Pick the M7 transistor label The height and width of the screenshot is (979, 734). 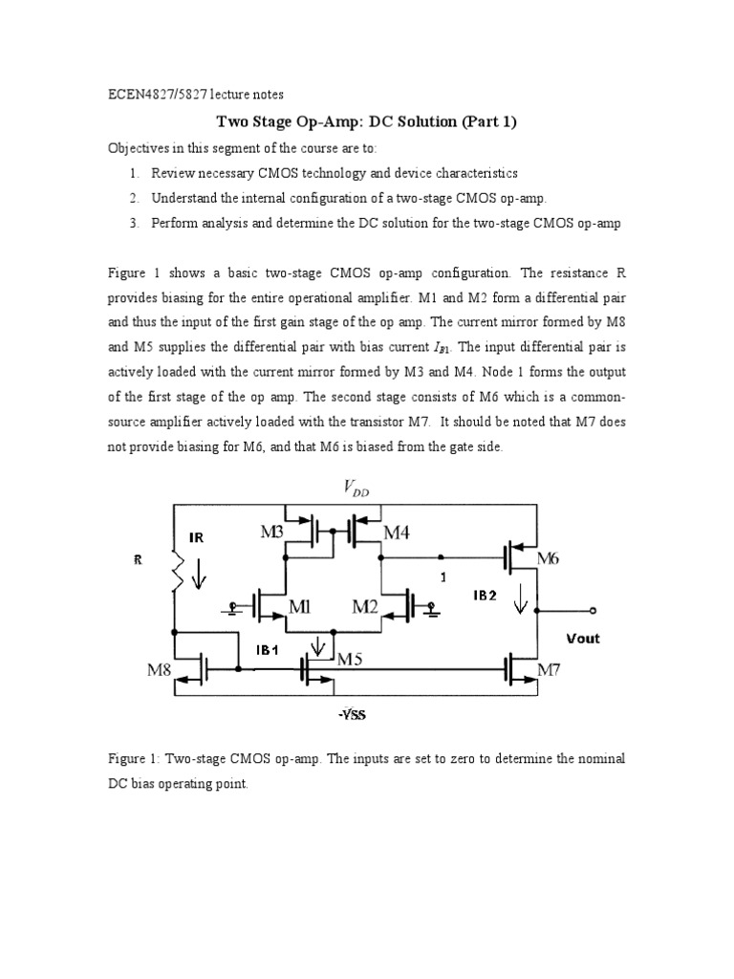tap(549, 670)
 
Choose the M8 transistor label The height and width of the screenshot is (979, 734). tap(159, 670)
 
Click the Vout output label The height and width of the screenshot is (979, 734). tap(582, 638)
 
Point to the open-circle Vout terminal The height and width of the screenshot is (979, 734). tap(594, 610)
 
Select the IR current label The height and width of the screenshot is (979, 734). tap(197, 538)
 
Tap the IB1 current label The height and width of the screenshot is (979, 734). tap(267, 649)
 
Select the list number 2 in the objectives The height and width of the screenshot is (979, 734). tap(135, 198)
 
